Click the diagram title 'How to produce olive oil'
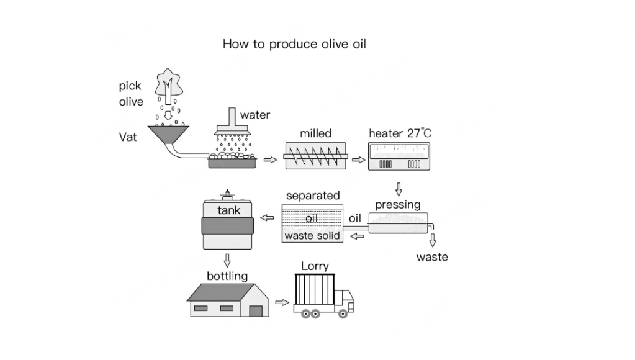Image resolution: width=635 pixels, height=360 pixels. [294, 45]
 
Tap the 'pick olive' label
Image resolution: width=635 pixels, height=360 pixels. [131, 94]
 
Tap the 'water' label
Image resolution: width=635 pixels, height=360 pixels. [255, 115]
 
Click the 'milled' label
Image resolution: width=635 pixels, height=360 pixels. [315, 133]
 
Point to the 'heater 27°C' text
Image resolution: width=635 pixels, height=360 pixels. [400, 133]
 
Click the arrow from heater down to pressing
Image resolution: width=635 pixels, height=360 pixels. [399, 189]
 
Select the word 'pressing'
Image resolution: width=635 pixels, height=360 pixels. [398, 205]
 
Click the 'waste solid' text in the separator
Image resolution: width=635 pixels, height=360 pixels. [312, 236]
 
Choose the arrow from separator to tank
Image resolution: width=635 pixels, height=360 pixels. [266, 218]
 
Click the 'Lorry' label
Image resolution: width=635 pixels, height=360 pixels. [315, 266]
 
